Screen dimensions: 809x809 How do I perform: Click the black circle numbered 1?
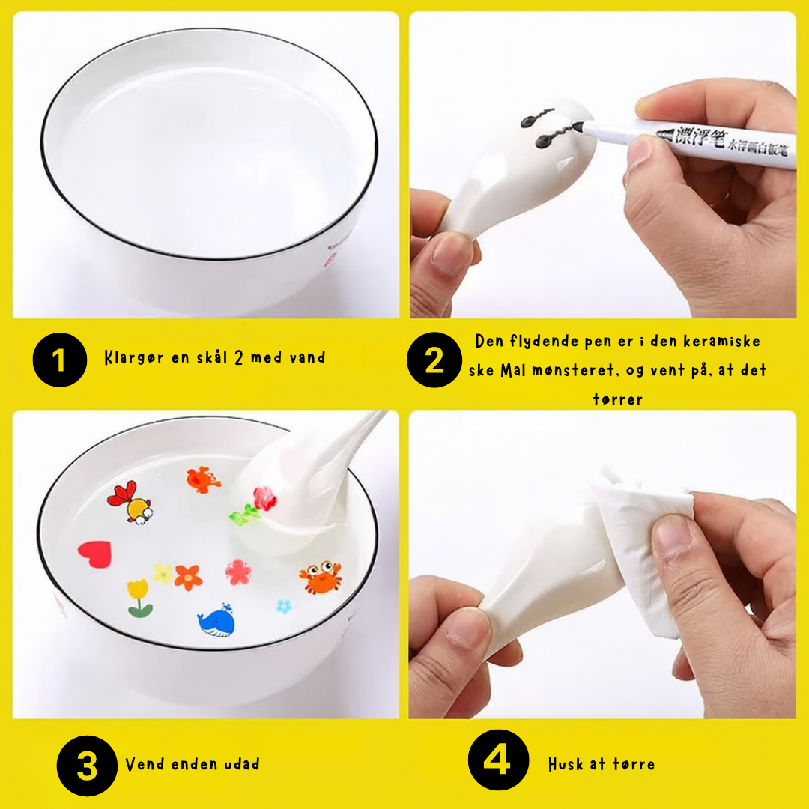60,360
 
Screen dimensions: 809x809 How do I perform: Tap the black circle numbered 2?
434,360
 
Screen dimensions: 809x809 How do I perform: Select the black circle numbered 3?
87,766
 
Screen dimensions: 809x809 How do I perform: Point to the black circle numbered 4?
498,760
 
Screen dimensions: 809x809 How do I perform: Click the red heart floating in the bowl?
95,554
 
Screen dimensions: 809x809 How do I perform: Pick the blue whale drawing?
216,621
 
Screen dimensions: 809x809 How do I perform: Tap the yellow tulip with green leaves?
139,598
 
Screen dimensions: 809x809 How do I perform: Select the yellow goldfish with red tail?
130,503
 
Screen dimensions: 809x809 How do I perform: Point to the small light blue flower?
283,606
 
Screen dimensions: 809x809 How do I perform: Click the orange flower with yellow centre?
188,578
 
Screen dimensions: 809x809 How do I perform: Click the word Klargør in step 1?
134,357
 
